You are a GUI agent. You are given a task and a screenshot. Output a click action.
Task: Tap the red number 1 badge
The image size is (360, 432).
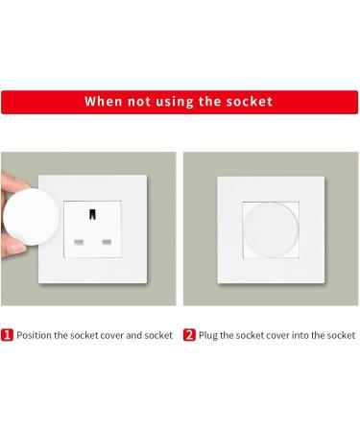(8, 335)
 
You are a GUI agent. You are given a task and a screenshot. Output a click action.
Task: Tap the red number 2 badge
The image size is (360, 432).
(190, 335)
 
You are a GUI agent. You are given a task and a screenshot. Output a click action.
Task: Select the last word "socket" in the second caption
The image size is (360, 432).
(339, 335)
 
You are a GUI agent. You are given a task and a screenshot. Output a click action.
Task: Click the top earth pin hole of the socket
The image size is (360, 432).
(95, 212)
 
